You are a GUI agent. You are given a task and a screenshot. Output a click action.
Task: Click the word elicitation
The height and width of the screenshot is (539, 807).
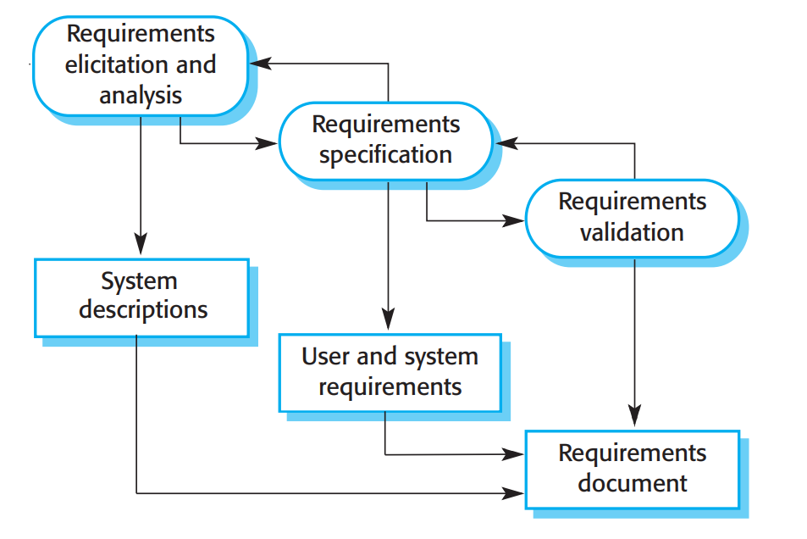coord(115,64)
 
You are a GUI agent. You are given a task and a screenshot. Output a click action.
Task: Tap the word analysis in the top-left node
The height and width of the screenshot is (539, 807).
coord(141,94)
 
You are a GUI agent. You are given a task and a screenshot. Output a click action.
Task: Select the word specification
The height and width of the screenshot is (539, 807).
coord(385,155)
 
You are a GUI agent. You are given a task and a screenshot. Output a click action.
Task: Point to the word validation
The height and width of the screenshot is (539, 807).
coord(632,232)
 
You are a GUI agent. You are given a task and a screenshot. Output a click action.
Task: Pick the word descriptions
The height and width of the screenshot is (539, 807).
coord(143,310)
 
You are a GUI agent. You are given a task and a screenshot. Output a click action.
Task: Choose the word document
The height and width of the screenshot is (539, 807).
coord(632,483)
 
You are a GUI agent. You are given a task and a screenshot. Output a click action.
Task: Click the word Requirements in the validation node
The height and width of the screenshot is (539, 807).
coord(632,202)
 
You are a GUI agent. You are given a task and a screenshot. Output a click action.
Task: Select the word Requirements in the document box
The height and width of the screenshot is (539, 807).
coord(632,453)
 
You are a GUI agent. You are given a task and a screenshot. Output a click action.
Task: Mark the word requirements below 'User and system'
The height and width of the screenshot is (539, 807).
coord(390,387)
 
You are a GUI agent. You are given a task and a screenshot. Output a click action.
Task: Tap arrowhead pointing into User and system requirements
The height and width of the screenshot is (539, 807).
coord(388,322)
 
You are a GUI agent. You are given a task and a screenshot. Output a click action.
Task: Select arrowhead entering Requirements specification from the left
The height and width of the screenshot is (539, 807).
coord(268,143)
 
